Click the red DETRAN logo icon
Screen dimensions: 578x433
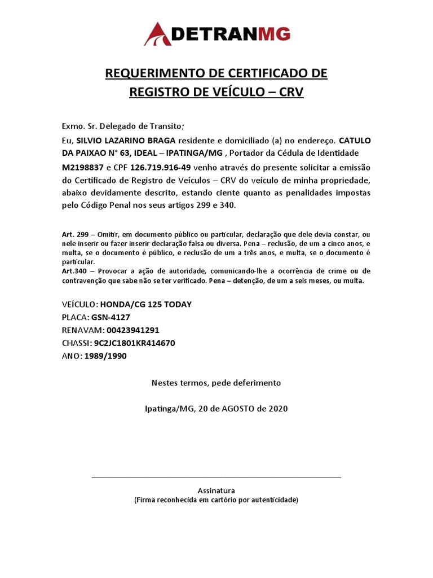(x=159, y=34)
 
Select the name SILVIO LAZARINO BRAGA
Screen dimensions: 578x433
(x=126, y=140)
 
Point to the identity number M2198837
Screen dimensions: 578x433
(x=83, y=168)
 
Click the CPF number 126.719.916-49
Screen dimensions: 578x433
(x=161, y=168)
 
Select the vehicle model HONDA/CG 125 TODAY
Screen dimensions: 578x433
(x=146, y=304)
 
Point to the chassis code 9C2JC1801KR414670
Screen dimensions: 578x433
(x=134, y=343)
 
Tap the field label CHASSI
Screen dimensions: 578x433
(x=76, y=343)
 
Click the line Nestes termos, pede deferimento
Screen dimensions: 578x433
(x=216, y=383)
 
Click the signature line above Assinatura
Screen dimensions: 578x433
(x=216, y=478)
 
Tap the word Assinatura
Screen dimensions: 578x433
(x=216, y=491)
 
